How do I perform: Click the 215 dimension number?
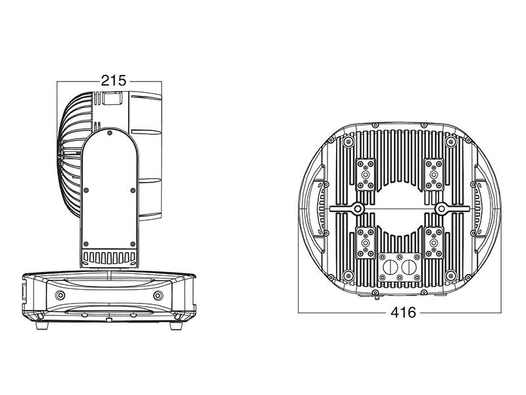click(x=114, y=81)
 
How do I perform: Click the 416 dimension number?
click(x=403, y=313)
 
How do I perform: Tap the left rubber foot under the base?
click(x=42, y=325)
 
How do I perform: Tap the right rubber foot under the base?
click(x=176, y=325)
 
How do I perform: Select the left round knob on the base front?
click(x=60, y=295)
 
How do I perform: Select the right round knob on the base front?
click(x=158, y=296)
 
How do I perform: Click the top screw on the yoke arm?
click(x=109, y=134)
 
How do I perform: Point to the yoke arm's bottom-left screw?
click(x=86, y=244)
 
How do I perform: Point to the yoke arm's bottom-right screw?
click(x=133, y=244)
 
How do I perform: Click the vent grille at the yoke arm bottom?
click(x=109, y=257)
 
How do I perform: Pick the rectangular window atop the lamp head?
click(x=112, y=98)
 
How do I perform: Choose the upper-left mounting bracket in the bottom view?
click(x=366, y=174)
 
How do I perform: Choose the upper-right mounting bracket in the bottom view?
click(x=434, y=174)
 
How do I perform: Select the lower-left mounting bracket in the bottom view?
click(x=366, y=243)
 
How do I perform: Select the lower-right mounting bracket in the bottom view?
click(x=434, y=243)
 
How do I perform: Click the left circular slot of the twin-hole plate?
click(x=390, y=268)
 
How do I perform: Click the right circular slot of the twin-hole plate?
click(x=409, y=268)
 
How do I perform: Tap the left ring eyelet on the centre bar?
click(x=358, y=209)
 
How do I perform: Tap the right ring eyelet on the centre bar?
click(x=441, y=209)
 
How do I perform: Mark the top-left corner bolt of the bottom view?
click(x=349, y=142)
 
